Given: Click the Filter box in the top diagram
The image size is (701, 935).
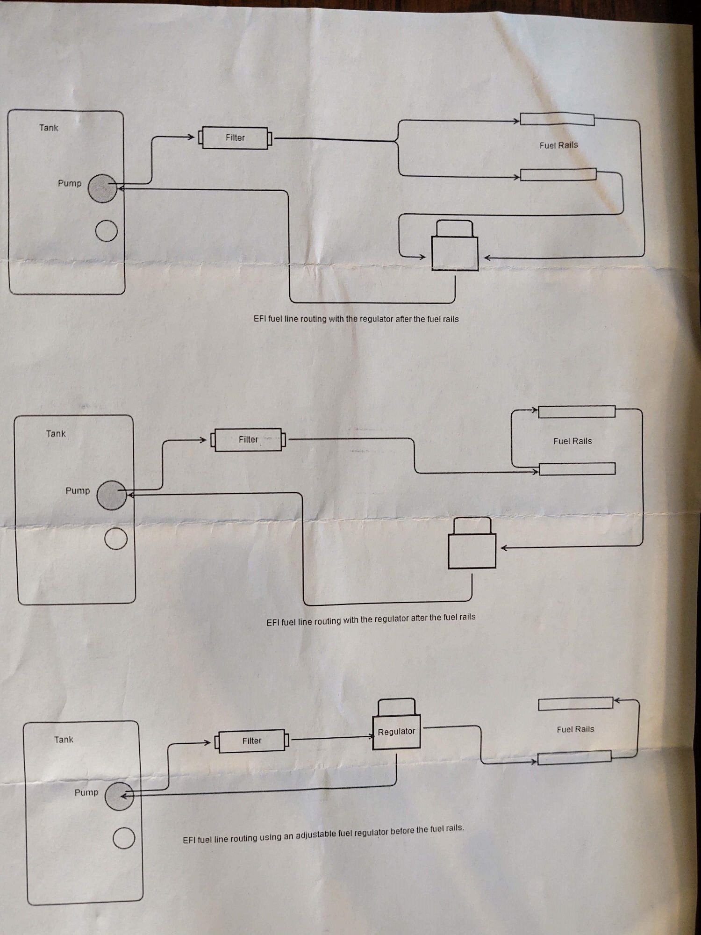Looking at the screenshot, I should (235, 138).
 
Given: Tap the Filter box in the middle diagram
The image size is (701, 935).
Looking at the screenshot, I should (248, 439).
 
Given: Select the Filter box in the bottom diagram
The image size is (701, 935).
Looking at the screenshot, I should (251, 741).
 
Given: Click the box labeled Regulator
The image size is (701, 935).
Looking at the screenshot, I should (396, 732).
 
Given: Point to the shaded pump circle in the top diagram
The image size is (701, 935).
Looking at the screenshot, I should (102, 188).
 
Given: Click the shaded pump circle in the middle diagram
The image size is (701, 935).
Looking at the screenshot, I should (111, 495).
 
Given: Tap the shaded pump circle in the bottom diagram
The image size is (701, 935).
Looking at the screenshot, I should (119, 796).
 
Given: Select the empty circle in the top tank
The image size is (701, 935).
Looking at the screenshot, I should (106, 230).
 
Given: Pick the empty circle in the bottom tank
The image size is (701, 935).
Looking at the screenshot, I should (124, 838).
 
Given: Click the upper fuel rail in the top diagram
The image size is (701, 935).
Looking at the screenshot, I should (557, 119).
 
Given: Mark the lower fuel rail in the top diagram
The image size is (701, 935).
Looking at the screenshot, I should (558, 175).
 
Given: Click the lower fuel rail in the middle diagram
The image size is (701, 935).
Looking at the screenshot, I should (577, 469).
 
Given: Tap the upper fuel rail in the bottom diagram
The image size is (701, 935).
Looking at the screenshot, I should (575, 704).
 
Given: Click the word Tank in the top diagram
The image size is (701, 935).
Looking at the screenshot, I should (49, 128).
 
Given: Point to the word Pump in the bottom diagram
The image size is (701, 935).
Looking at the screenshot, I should (86, 792).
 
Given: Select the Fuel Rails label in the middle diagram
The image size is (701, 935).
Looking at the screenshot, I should (572, 441).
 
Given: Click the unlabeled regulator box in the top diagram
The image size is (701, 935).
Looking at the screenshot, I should (455, 253).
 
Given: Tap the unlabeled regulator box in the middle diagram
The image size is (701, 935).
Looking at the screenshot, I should (472, 551).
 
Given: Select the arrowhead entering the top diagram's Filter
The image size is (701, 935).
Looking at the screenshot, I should (191, 137).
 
